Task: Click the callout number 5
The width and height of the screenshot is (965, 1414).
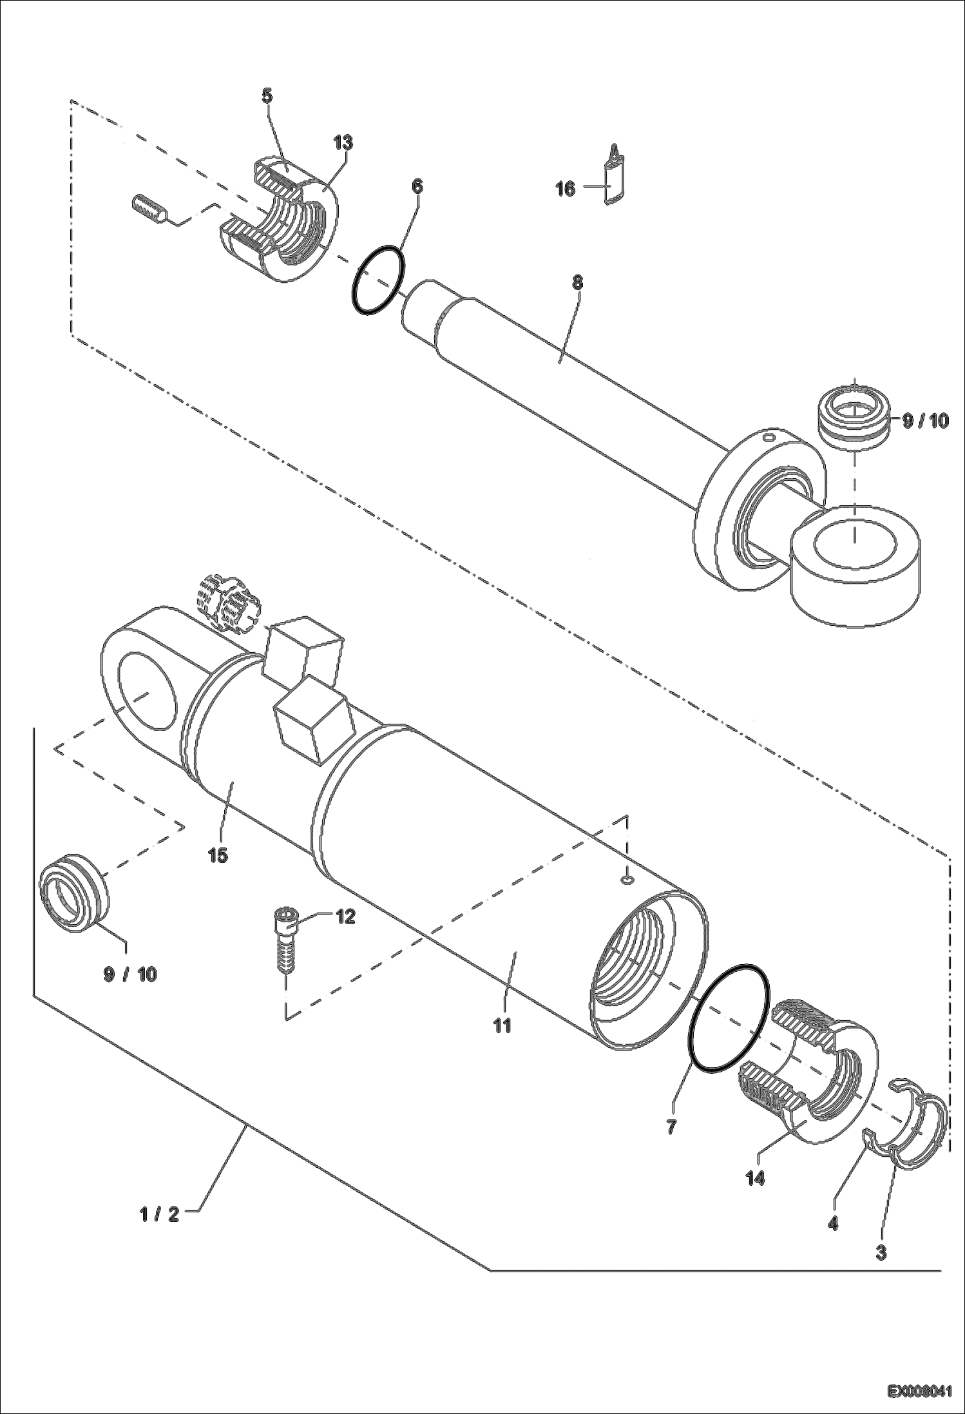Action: click(x=267, y=97)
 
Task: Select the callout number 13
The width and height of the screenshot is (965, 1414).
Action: click(x=343, y=142)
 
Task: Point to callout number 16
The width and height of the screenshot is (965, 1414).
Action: click(x=565, y=189)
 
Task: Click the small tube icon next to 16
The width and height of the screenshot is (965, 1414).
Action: click(x=616, y=175)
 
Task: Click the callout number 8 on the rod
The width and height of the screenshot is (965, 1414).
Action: click(x=577, y=282)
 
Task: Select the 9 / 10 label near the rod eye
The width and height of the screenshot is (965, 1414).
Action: click(x=925, y=421)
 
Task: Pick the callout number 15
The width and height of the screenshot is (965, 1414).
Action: click(x=218, y=855)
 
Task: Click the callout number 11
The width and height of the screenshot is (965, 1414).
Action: click(x=502, y=1025)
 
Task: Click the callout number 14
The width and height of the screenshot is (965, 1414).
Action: click(x=755, y=1179)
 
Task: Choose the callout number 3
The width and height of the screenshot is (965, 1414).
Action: click(x=881, y=1253)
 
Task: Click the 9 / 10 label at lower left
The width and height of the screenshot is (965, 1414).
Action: click(x=129, y=974)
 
